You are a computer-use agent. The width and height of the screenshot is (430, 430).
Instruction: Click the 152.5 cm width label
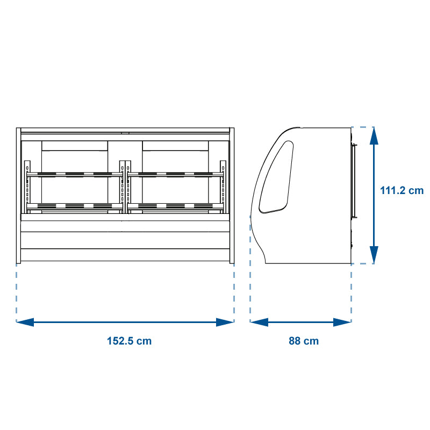pyautogui.click(x=129, y=341)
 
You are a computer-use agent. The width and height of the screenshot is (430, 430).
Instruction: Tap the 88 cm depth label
pyautogui.click(x=304, y=341)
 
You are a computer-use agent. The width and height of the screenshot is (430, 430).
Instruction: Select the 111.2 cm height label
pyautogui.click(x=402, y=190)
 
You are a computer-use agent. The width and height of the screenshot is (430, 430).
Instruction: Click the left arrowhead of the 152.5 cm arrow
pyautogui.click(x=25, y=322)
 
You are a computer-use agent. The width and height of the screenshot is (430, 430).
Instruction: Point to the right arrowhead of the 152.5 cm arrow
pyautogui.click(x=225, y=322)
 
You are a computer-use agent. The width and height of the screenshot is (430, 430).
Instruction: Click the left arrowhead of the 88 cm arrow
pyautogui.click(x=259, y=322)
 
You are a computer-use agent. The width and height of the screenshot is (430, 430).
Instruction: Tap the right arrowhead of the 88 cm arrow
pyautogui.click(x=342, y=322)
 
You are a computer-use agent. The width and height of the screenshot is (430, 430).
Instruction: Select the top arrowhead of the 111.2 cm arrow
pyautogui.click(x=374, y=136)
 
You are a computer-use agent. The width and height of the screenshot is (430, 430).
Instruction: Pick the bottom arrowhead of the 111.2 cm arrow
pyautogui.click(x=374, y=255)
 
